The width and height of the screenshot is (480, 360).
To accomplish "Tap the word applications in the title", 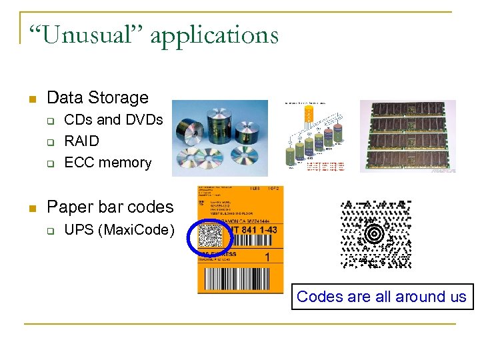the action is point(214,35).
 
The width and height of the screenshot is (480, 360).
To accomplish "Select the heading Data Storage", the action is point(97,98).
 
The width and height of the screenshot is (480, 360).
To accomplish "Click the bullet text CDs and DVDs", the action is point(113,120).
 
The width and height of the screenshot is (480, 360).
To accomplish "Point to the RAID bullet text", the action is point(81,141).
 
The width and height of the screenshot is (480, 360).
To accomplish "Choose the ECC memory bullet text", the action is point(107,163).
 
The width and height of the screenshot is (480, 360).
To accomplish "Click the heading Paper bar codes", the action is point(110,207).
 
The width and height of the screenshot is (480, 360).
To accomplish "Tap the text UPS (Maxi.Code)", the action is point(119,231).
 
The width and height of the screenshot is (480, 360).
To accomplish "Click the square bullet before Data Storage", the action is point(29,99).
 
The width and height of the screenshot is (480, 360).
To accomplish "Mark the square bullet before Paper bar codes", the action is point(29,209).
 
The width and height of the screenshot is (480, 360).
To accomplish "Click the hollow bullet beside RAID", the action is point(49,142).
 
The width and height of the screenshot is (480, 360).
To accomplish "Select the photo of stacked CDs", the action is point(219,138).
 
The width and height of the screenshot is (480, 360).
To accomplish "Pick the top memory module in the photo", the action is point(407,109).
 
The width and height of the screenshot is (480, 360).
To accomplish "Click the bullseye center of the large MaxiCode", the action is point(376,234).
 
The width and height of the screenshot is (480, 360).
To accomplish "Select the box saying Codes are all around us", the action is point(381,297).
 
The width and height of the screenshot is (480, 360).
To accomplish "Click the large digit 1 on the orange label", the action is point(267,257).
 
